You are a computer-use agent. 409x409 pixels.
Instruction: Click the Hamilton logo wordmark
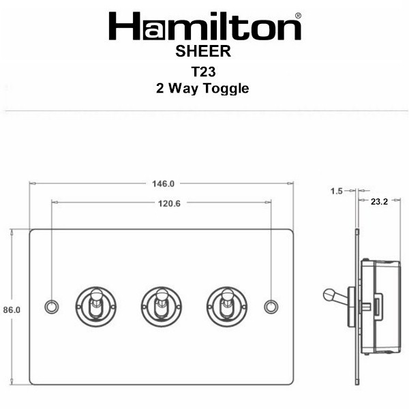click(205, 26)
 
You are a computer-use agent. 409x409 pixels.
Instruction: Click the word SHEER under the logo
click(203, 51)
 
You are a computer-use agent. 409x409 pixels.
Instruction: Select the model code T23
click(203, 72)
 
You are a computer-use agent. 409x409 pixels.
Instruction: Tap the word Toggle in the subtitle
click(226, 89)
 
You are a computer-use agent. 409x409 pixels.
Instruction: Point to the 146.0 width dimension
click(164, 184)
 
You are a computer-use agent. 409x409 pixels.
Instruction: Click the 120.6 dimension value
click(169, 203)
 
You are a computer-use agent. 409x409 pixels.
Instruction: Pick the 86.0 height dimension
click(12, 310)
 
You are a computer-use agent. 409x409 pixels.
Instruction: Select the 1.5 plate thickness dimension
click(337, 191)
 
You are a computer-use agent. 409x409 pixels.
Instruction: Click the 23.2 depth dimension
click(379, 201)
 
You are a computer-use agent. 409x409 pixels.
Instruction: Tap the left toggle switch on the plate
click(95, 307)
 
